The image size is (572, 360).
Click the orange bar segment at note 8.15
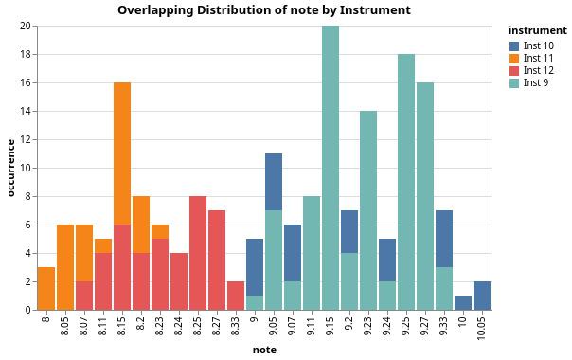click(122, 153)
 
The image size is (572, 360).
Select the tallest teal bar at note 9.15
click(331, 168)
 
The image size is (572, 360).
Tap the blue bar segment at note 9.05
click(274, 182)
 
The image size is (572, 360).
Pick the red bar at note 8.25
click(198, 253)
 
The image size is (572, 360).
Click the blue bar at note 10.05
click(482, 297)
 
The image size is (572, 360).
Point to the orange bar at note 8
click(46, 289)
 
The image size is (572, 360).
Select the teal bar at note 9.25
click(406, 182)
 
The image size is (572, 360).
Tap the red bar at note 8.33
click(236, 297)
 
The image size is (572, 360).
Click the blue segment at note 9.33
click(444, 239)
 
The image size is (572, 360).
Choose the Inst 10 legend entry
click(532, 46)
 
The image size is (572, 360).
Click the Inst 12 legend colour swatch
click(514, 70)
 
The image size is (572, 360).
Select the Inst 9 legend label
click(536, 82)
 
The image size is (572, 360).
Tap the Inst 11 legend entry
click(531, 59)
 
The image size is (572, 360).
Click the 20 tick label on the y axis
click(27, 26)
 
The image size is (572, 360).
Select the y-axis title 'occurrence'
click(11, 168)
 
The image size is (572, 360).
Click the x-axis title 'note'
click(264, 350)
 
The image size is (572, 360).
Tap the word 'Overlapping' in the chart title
click(155, 10)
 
